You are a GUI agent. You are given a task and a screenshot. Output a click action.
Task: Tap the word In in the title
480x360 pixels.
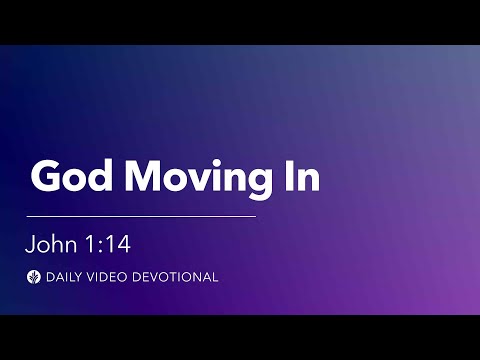coord(303,177)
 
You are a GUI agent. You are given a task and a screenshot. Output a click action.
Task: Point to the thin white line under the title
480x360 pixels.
coord(141,216)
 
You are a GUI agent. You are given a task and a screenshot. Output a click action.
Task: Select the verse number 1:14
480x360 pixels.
coord(110,244)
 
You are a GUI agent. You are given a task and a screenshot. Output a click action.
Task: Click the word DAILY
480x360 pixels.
coord(64,277)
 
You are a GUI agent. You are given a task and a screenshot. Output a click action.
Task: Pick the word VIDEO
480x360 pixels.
coord(111,277)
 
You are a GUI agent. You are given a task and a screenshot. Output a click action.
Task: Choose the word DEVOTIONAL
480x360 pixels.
coord(177,277)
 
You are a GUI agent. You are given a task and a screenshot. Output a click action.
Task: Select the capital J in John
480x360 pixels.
coord(33,244)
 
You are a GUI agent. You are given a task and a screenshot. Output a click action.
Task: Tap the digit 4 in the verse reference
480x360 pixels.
coord(125,244)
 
